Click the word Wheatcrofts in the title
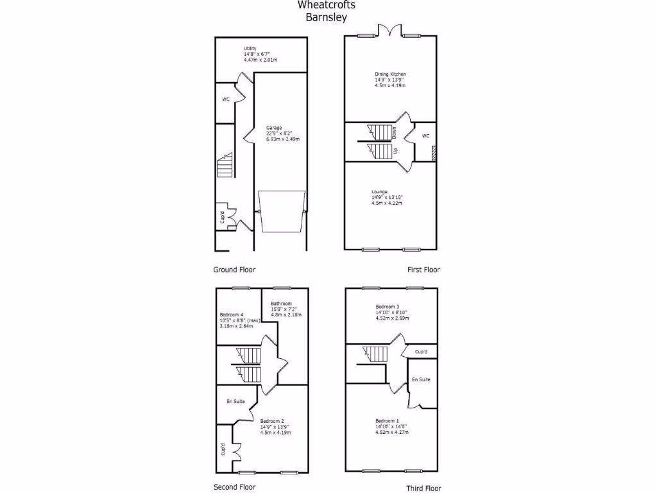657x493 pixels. coord(326,5)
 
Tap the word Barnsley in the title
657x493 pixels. coord(326,17)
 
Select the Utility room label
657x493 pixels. coord(250,49)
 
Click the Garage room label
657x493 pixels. coord(274,128)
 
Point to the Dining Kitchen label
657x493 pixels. coord(391,74)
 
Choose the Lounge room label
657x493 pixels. coord(379,192)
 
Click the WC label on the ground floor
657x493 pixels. coord(226,99)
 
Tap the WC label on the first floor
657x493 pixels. coord(425,136)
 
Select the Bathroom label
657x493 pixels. coord(281,304)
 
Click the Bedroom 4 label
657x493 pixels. coord(232,315)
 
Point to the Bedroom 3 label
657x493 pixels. coord(388,307)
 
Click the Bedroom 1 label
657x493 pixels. coord(388,421)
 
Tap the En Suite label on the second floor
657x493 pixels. coord(235,401)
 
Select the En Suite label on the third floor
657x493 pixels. coord(421,379)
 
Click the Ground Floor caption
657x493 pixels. coord(235,270)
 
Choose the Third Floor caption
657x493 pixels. coord(423,489)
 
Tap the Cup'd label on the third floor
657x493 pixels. coord(422,352)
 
